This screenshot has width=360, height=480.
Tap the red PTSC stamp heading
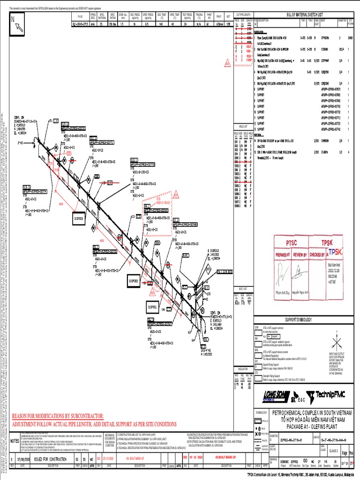pyautogui.click(x=291, y=242)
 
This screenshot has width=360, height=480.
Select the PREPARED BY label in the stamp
pyautogui.click(x=283, y=255)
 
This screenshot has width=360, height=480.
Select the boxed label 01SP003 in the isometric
pyautogui.click(x=78, y=218)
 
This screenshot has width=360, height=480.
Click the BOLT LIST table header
pyautogui.click(x=242, y=289)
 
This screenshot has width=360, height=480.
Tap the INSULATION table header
pyautogui.click(x=242, y=368)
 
